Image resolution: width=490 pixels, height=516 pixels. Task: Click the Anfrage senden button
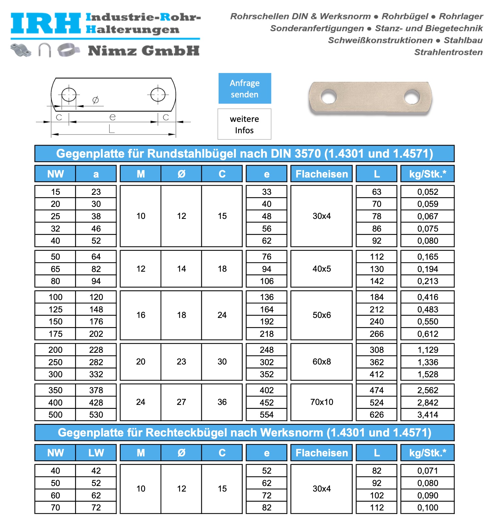click(x=245, y=88)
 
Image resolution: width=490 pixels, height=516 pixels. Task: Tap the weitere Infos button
click(x=244, y=124)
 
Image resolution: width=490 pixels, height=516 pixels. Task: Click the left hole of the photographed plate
click(x=329, y=96)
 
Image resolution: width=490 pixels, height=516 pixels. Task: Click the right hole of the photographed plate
click(x=412, y=97)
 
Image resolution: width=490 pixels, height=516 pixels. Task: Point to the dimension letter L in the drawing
click(x=112, y=129)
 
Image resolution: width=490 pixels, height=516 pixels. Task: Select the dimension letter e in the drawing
click(x=113, y=117)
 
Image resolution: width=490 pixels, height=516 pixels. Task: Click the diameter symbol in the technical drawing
click(x=96, y=100)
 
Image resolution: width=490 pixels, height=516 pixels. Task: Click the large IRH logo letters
click(x=46, y=23)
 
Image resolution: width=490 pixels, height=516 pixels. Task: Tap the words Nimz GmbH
click(x=144, y=51)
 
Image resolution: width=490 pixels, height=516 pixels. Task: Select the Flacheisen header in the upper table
click(x=322, y=174)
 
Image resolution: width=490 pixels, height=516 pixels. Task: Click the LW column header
click(x=96, y=453)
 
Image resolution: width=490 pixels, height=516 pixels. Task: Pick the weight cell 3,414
click(x=428, y=415)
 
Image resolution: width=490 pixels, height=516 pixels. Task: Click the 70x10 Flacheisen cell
click(x=322, y=402)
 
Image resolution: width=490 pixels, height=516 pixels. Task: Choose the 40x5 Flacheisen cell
click(x=322, y=269)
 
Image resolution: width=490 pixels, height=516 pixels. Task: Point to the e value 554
click(x=267, y=415)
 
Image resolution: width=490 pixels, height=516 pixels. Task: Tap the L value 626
click(x=376, y=415)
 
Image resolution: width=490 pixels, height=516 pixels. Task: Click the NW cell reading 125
click(x=55, y=309)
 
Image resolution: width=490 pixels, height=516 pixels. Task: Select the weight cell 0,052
click(x=428, y=192)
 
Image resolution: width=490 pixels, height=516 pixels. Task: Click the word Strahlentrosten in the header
click(x=448, y=52)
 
